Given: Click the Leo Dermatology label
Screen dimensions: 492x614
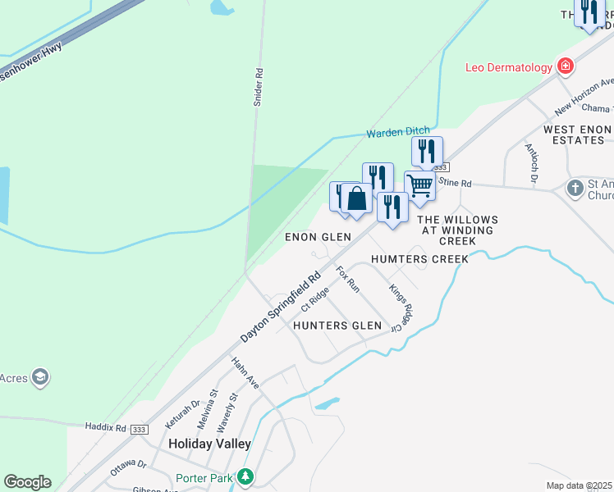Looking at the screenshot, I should (508, 67).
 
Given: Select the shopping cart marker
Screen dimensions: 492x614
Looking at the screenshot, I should (419, 185).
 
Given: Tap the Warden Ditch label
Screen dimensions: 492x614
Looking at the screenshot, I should (397, 132).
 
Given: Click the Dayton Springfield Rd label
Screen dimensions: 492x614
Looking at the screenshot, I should (281, 308).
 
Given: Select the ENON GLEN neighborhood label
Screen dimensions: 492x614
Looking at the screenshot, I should (318, 237).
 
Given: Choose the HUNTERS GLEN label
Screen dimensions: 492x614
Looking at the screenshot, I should (337, 326).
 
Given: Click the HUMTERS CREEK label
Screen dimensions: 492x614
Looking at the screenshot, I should (419, 259).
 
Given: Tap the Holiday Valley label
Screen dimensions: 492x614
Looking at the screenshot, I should (209, 443).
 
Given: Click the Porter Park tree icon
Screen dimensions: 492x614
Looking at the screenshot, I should (245, 476).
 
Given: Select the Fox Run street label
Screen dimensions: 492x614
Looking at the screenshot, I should (348, 280).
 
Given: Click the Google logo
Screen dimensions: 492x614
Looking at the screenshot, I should (27, 482).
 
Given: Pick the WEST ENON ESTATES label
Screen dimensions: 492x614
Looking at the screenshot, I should (578, 135).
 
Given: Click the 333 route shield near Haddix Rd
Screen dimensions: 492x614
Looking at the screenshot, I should (140, 429).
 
